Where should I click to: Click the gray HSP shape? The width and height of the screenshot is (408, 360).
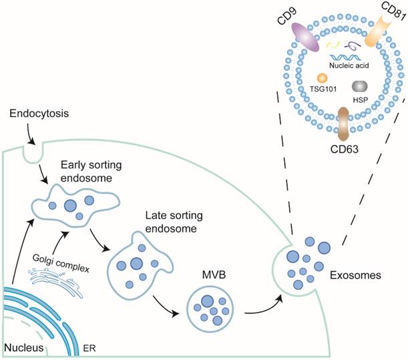(359, 86)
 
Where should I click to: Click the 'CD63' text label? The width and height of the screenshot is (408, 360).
(344, 148)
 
